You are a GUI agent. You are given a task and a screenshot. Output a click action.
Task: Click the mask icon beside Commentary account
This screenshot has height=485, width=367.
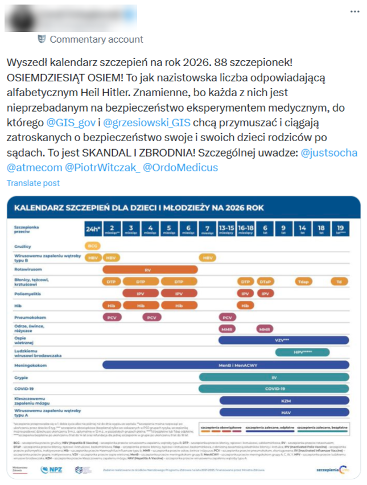[41, 39]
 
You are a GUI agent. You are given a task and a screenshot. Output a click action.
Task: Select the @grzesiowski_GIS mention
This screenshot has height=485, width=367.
[139, 122]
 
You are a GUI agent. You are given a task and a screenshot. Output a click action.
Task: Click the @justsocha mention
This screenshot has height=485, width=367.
[329, 153]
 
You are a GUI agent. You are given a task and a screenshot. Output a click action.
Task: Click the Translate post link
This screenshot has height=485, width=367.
[33, 183]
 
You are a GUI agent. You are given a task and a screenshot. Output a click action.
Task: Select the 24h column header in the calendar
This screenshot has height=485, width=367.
[92, 229]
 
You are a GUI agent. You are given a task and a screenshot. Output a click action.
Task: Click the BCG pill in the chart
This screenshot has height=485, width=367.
[92, 246]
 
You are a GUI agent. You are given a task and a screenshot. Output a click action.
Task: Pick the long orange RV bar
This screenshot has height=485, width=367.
[150, 269]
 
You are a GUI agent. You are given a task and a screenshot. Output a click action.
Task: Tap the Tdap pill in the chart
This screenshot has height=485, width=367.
[303, 281]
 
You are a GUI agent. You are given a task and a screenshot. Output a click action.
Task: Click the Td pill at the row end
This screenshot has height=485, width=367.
[339, 281]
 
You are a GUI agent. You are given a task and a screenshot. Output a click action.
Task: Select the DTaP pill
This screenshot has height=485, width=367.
[265, 281]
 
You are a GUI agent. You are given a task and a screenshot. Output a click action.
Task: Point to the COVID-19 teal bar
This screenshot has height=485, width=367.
[274, 388]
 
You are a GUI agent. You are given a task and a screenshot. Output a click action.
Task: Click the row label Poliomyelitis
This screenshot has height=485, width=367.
[31, 293]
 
